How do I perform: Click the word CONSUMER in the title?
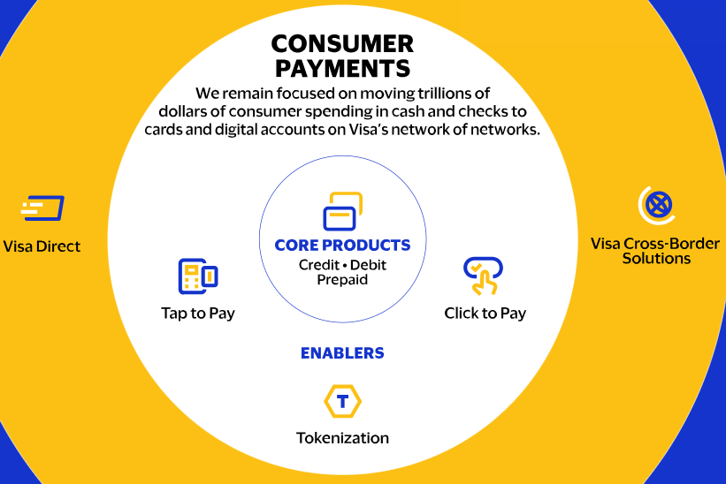coord(342,44)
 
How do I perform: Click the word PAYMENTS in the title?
coord(342,68)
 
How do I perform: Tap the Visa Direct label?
coord(42,246)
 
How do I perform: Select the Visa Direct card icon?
coord(42,208)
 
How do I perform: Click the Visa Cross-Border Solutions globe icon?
coord(657,205)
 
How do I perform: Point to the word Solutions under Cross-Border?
coord(656,258)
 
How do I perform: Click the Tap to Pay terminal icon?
coord(198,276)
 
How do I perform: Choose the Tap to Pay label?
coord(198,313)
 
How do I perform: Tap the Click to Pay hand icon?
coord(484,276)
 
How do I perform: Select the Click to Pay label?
coord(485,313)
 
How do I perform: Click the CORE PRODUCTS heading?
coord(342,245)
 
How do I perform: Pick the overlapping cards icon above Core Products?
coord(342,211)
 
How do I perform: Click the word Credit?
coord(319,265)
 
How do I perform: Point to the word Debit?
coord(368,265)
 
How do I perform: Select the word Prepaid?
coord(342,280)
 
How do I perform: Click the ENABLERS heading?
coord(342,353)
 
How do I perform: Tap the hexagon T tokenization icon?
coord(342,401)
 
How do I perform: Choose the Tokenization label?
coord(342,438)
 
